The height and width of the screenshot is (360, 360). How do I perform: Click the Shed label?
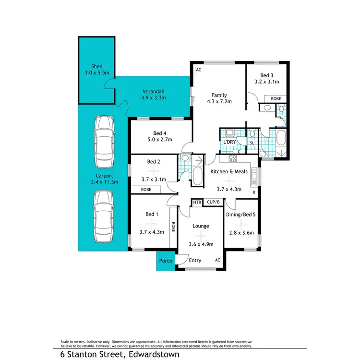tap(97, 67)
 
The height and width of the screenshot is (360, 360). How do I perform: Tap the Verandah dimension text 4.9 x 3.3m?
tap(154, 98)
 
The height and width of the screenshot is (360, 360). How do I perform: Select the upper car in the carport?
tap(104, 141)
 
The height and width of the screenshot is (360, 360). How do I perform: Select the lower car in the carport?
tap(104, 216)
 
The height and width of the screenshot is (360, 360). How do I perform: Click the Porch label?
tap(166, 261)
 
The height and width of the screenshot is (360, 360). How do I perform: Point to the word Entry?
tap(195, 261)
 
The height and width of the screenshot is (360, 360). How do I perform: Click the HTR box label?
tap(197, 203)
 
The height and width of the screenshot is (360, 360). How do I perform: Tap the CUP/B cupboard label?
tap(213, 203)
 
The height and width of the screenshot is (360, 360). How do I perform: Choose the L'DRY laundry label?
tap(228, 143)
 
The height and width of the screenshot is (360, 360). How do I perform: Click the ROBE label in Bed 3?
tap(276, 98)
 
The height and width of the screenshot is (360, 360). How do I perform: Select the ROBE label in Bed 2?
tap(146, 190)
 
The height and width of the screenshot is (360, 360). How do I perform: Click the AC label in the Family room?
tap(198, 70)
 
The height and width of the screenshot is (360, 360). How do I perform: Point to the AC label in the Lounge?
tap(217, 260)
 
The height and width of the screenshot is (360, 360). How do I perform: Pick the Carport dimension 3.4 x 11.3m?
tap(104, 182)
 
